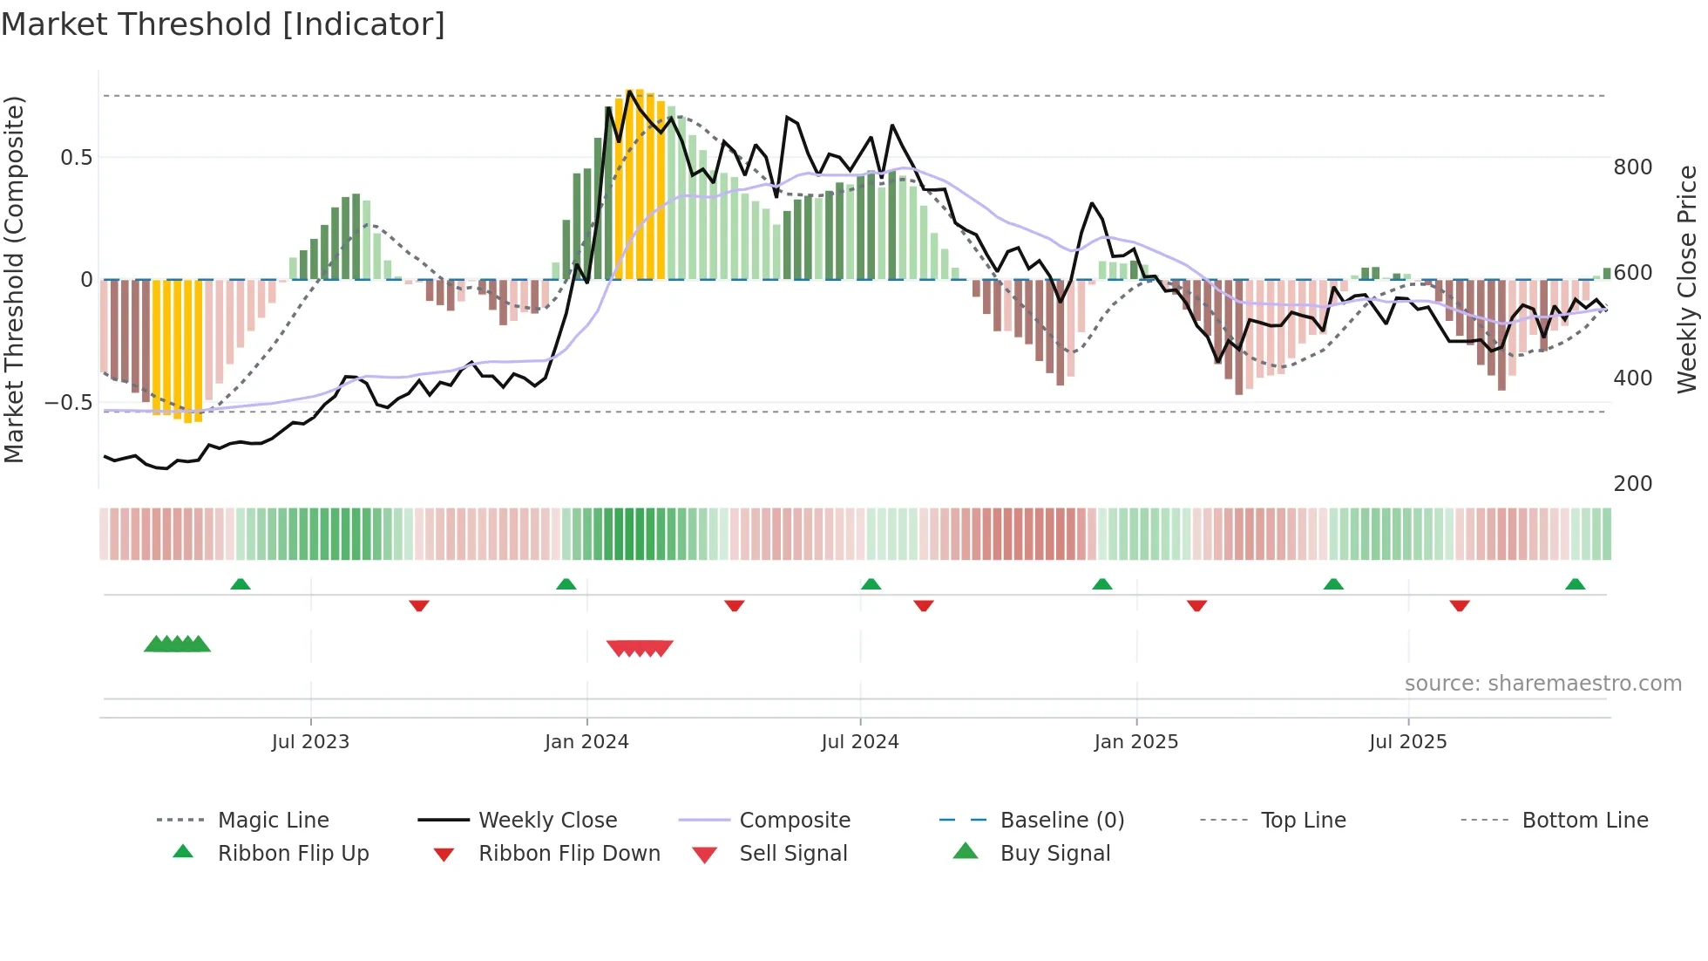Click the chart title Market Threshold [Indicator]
[223, 24]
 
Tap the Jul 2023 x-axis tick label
[310, 742]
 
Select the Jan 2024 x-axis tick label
[586, 742]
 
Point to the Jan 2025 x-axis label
[1135, 742]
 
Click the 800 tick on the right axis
[1632, 167]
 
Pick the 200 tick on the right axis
[1632, 484]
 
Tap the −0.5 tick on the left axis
[68, 403]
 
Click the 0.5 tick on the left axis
[76, 158]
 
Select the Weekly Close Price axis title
[1688, 279]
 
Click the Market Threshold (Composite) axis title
[14, 279]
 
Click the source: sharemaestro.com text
[1542, 684]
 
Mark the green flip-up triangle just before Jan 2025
[1102, 584]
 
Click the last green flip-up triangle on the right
[1575, 584]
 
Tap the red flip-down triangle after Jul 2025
[1460, 605]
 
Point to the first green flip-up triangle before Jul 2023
[241, 584]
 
